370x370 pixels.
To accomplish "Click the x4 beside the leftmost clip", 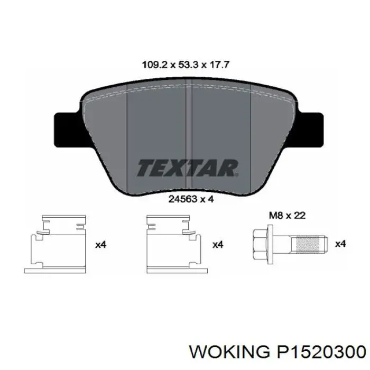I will [x=100, y=245].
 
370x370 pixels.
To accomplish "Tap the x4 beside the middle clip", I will [x=217, y=245].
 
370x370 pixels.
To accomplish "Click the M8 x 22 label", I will [x=286, y=215].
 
